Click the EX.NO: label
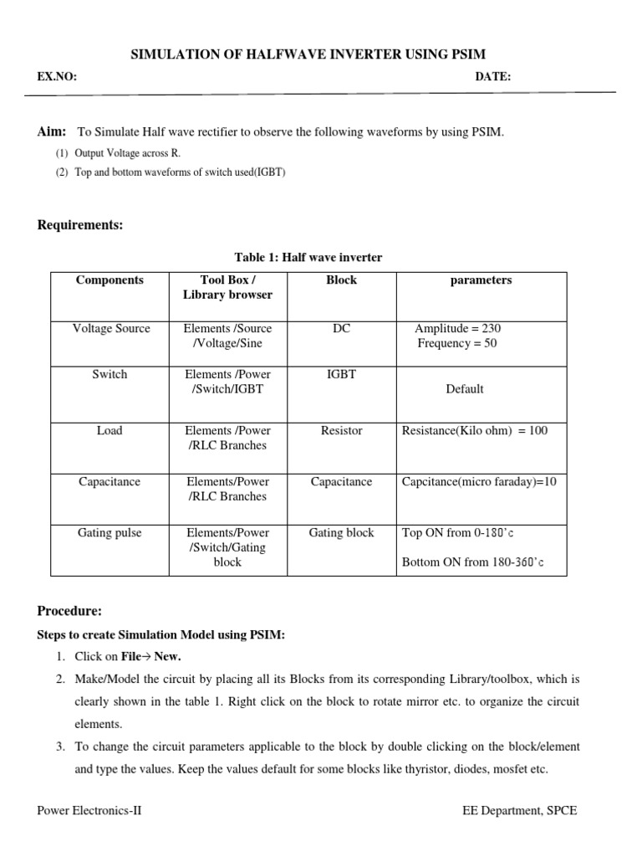(57, 77)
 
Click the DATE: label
(493, 77)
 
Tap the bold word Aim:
(51, 131)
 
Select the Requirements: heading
(80, 225)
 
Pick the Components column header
(110, 280)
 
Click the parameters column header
(481, 280)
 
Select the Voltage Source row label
(110, 328)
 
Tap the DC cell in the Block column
(341, 328)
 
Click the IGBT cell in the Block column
(341, 374)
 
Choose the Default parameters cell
(465, 388)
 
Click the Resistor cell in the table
(341, 430)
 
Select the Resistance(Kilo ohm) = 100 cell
(475, 430)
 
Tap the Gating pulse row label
(110, 532)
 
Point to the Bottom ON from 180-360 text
(473, 562)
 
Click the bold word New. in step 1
(166, 656)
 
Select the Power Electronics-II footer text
(89, 811)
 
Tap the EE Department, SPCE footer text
(519, 811)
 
